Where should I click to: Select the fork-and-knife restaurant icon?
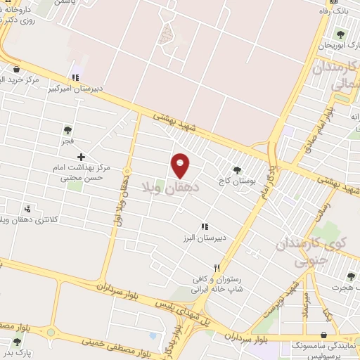(x=217, y=268)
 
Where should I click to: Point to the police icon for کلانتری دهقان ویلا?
(x=28, y=209)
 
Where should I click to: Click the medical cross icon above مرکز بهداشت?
(x=82, y=157)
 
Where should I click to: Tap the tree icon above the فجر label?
(x=67, y=129)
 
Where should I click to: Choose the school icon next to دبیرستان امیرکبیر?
(x=75, y=77)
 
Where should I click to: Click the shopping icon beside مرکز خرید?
(x=16, y=69)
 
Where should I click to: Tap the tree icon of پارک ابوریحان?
(x=340, y=34)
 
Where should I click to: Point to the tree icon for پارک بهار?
(x=17, y=342)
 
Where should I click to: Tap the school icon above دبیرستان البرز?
(x=205, y=226)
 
